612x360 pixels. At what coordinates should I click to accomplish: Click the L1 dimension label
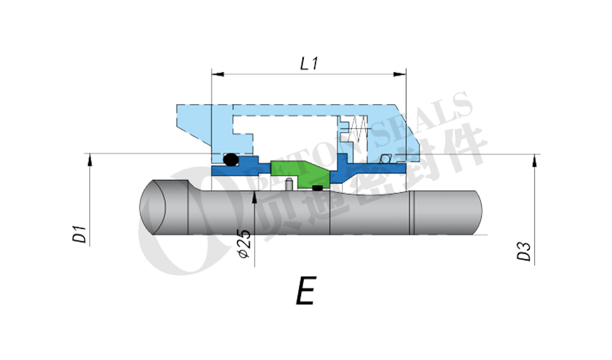309,63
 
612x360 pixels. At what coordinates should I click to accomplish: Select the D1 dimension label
80,235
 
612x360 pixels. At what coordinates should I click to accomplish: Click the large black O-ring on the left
230,160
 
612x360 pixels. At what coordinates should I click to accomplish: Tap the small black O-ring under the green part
317,189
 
